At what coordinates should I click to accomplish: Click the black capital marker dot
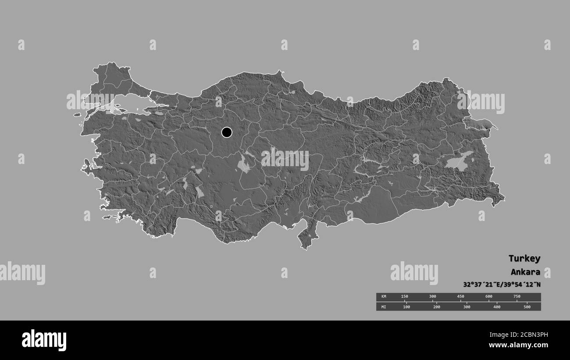(227, 132)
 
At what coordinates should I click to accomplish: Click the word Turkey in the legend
(524, 258)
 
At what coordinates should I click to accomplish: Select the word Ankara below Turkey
(525, 272)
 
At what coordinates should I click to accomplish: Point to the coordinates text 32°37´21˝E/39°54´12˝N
(502, 284)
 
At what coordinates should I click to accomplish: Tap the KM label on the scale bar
(384, 297)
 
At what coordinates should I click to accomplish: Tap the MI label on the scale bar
(384, 307)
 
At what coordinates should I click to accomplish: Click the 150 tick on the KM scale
(404, 297)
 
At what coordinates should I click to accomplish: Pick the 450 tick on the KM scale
(460, 297)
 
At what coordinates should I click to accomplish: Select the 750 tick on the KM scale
(517, 297)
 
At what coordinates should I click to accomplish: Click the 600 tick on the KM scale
(488, 297)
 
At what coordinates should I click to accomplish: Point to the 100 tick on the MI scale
(406, 307)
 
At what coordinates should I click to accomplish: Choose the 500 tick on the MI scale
(527, 307)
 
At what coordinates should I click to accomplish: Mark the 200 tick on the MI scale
(437, 307)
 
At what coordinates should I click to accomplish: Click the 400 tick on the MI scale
(497, 307)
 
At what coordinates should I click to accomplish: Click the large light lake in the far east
(458, 161)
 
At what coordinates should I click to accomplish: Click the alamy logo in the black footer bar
(44, 340)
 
